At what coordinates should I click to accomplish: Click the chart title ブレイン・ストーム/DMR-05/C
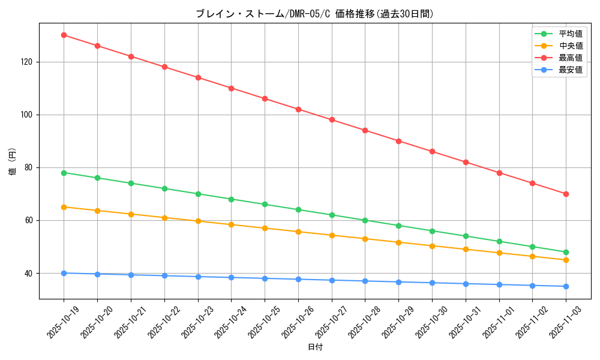click(315, 14)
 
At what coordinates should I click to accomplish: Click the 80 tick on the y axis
click(29, 167)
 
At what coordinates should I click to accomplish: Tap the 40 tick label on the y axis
click(29, 273)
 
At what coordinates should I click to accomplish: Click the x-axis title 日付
click(315, 347)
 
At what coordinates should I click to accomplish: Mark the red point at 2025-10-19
click(64, 35)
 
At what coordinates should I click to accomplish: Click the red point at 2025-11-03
click(566, 194)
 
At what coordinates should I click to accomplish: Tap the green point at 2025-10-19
click(64, 173)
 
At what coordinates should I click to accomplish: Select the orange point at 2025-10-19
click(64, 207)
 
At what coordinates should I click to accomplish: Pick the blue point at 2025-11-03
click(566, 286)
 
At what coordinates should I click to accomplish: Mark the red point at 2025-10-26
click(298, 109)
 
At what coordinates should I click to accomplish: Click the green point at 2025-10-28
click(365, 220)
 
